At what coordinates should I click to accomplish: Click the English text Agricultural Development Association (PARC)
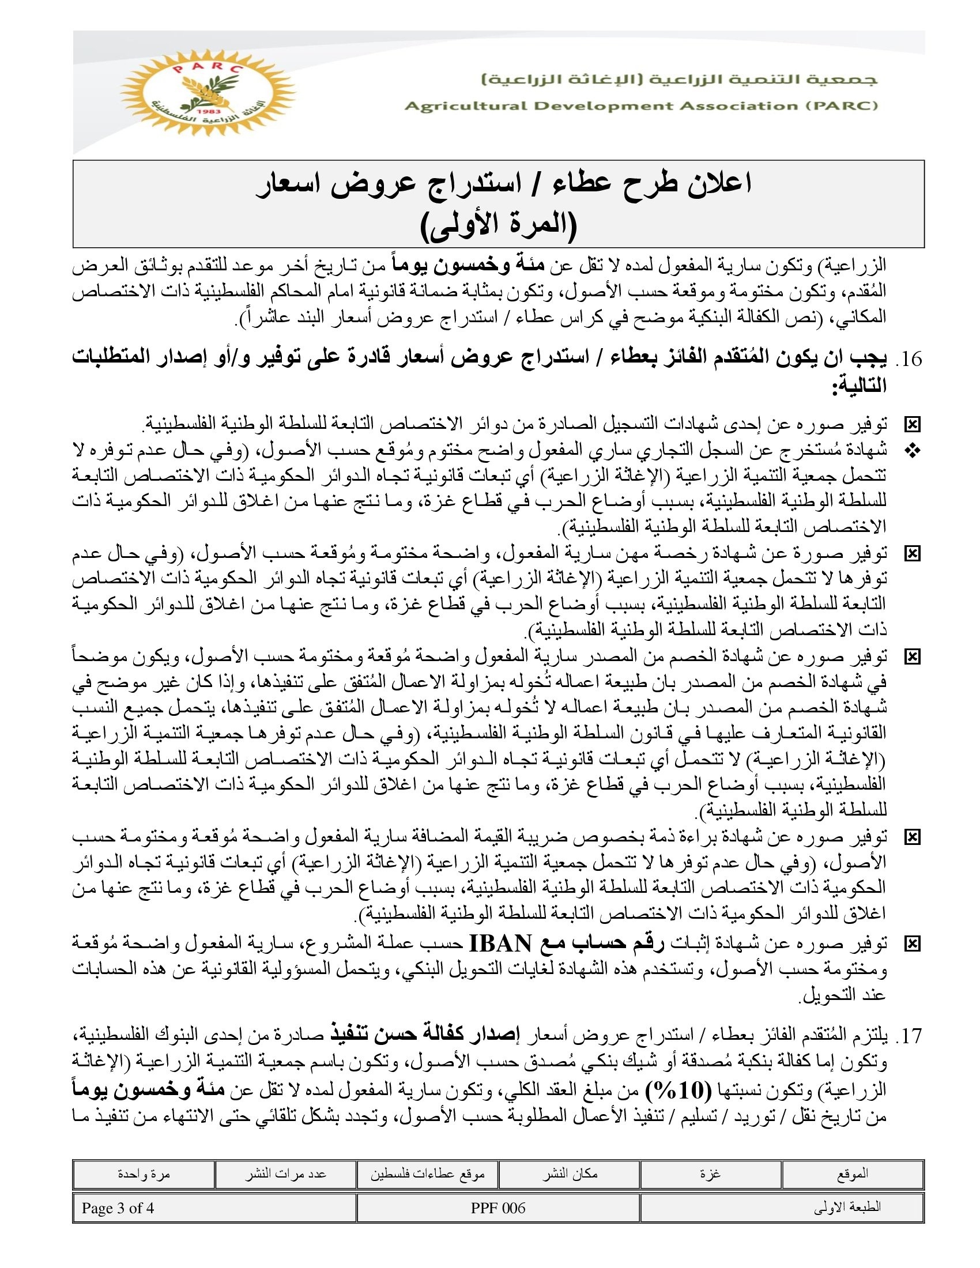pos(641,105)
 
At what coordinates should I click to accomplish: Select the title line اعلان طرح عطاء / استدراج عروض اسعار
pos(503,184)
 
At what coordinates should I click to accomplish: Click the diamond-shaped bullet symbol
pos(913,451)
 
